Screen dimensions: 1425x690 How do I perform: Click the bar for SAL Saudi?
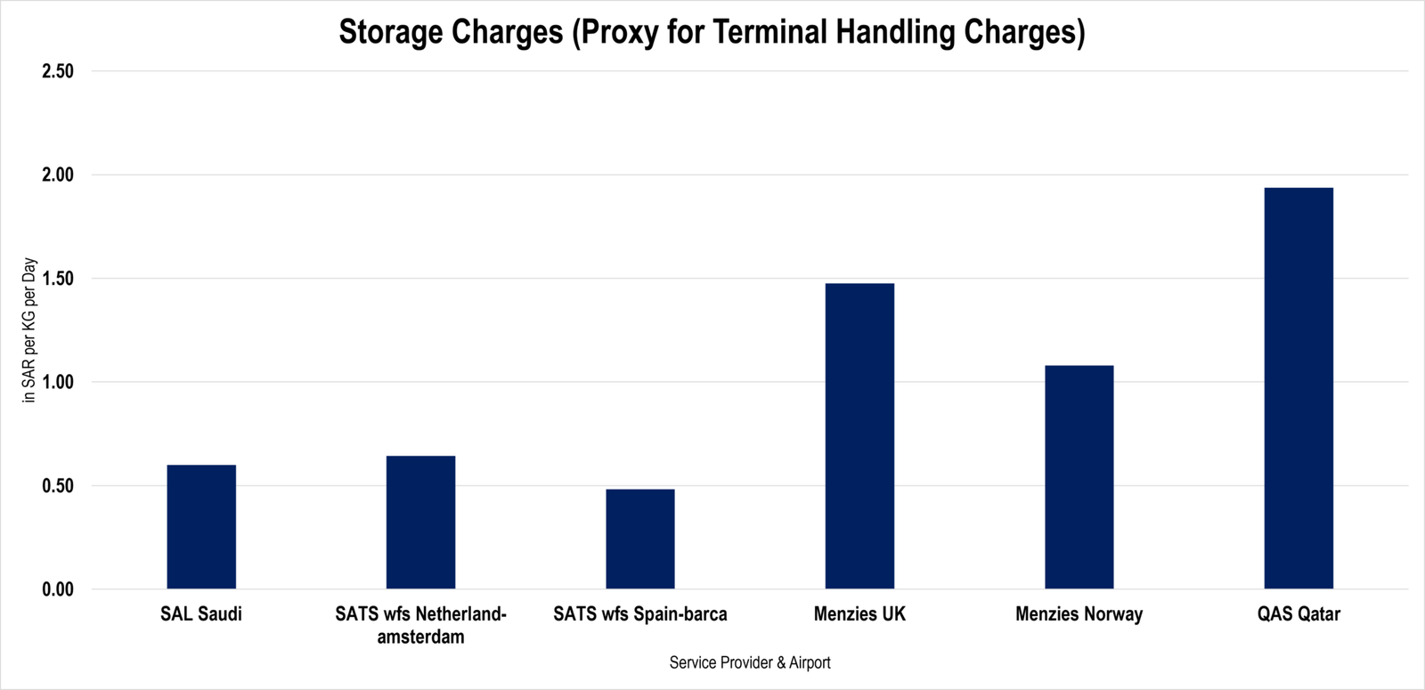pos(201,526)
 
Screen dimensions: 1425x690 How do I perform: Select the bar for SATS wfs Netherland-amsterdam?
pos(420,522)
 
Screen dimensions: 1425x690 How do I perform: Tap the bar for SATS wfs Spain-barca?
pos(640,539)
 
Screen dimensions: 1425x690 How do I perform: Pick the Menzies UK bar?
pos(859,435)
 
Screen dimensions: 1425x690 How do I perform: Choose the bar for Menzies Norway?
pos(1079,477)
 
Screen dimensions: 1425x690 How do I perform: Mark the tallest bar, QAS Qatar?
pos(1299,388)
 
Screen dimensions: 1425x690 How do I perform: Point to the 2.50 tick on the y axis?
pos(58,71)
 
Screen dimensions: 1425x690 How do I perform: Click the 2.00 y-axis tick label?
pos(58,175)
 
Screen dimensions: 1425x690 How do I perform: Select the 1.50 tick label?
pos(58,279)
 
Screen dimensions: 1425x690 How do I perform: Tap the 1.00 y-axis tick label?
pos(58,382)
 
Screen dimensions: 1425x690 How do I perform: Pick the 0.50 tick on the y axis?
pos(58,486)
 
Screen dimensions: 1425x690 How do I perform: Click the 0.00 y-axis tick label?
pos(58,589)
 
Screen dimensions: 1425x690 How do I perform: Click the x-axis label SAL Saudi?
pos(201,613)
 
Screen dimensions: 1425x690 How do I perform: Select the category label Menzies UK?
pos(859,613)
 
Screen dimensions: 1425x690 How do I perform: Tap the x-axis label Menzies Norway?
pos(1079,613)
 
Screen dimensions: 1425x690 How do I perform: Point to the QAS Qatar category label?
pos(1299,613)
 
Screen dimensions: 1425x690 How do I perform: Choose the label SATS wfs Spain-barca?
pos(640,613)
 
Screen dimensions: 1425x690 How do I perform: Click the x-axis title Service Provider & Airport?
pos(750,662)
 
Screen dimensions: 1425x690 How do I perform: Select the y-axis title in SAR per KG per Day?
pos(29,330)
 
